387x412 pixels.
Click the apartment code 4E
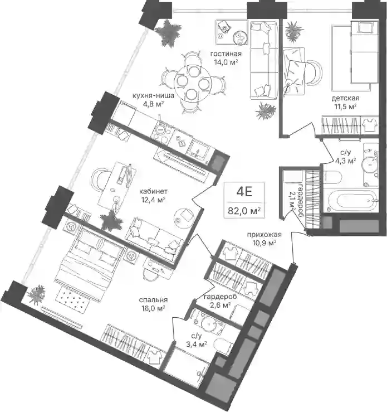244,192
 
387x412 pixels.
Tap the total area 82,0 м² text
244,211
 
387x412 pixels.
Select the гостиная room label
226,54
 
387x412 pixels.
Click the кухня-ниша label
153,96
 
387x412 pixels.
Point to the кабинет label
153,191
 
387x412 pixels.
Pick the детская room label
345,99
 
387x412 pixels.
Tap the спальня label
153,300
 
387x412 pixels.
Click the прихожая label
264,235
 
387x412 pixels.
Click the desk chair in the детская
314,72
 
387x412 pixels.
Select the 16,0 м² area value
153,308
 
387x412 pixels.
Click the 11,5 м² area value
345,106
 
